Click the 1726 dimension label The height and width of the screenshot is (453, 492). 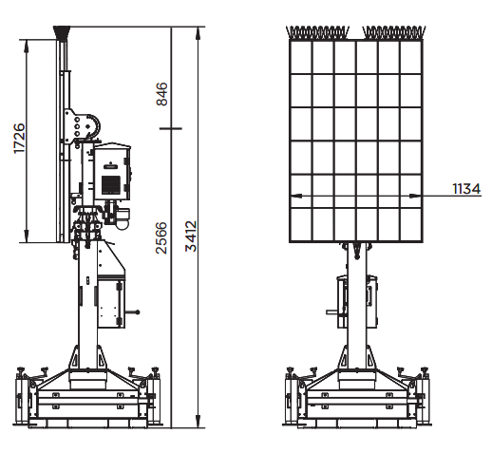click(x=19, y=139)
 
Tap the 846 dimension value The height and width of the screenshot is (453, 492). click(x=161, y=94)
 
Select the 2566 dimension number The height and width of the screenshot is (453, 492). click(x=161, y=237)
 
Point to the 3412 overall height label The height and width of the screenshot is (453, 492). click(x=191, y=236)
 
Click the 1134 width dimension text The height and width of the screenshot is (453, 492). click(x=466, y=189)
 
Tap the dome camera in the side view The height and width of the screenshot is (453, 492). click(x=122, y=222)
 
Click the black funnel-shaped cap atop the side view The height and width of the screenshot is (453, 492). click(x=62, y=32)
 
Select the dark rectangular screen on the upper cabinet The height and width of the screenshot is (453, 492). click(x=111, y=184)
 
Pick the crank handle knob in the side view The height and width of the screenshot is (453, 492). click(x=138, y=312)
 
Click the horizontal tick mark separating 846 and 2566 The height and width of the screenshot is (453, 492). click(x=171, y=128)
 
